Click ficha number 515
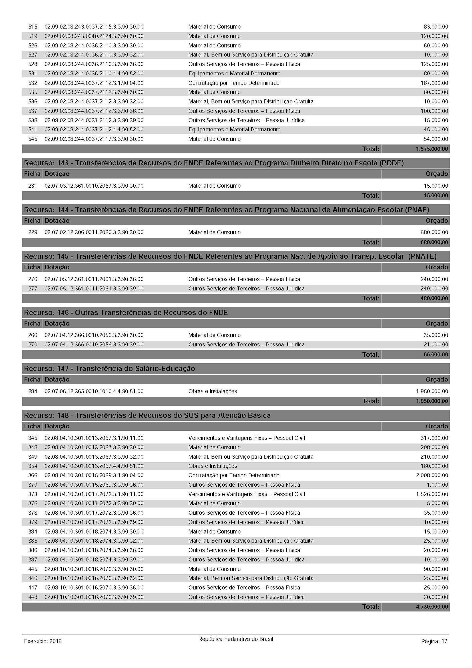tap(33, 27)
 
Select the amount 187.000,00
tap(434, 83)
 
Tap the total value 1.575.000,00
tap(432, 149)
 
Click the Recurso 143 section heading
tap(214, 163)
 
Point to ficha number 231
tap(33, 186)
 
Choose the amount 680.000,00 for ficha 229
tap(434, 232)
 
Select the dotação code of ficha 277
tap(94, 289)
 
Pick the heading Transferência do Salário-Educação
tap(109, 369)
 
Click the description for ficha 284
tap(213, 391)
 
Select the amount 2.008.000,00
tap(432, 476)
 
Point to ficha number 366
tap(33, 476)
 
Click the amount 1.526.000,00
tap(432, 494)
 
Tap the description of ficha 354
tap(213, 466)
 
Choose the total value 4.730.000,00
tap(432, 607)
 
